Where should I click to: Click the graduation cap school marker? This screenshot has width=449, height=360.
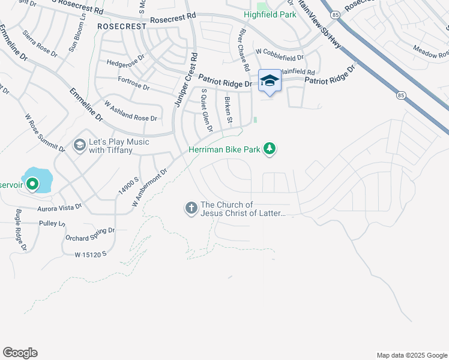[x=270, y=81]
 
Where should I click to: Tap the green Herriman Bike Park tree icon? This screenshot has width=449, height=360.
[x=270, y=148]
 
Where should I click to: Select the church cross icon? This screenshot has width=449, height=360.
[x=191, y=208]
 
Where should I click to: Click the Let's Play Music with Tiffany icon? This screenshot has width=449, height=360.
[x=79, y=145]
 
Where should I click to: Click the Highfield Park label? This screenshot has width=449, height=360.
[x=270, y=14]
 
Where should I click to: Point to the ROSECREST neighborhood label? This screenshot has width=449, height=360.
[x=122, y=27]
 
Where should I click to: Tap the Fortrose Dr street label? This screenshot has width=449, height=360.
[x=133, y=83]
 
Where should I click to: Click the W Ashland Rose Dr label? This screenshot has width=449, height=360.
[x=130, y=111]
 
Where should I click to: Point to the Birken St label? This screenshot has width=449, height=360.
[x=228, y=110]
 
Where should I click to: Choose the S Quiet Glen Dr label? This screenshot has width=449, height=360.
[x=207, y=110]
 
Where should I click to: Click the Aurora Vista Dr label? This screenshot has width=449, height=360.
[x=59, y=207]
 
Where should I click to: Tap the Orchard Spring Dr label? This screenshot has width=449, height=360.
[x=89, y=233]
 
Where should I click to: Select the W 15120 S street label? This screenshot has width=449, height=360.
[x=91, y=254]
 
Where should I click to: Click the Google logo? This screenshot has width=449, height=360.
[x=20, y=353]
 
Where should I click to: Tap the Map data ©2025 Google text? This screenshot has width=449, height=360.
[x=411, y=355]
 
